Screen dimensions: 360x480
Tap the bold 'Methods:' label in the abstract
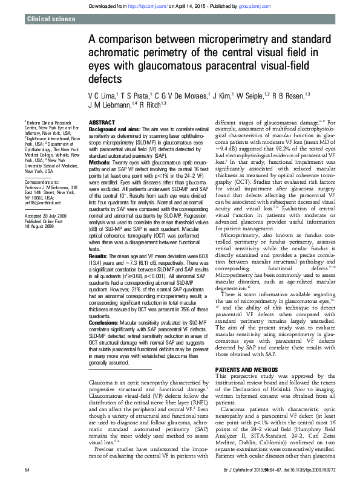tap(100, 163)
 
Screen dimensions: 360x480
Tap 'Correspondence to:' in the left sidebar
tap(41, 181)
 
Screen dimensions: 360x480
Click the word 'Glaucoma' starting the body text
tap(100, 384)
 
